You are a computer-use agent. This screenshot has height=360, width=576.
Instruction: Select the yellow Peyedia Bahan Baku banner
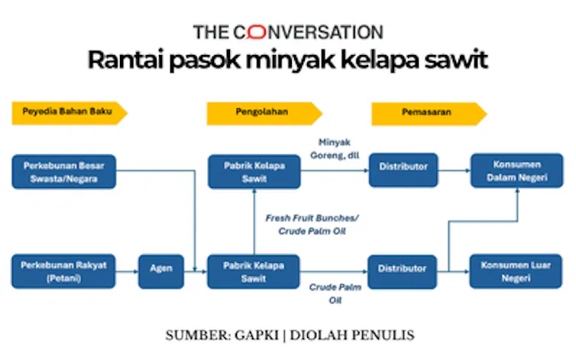point(68,114)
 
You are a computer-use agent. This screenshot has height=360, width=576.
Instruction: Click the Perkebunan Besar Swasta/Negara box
point(64,172)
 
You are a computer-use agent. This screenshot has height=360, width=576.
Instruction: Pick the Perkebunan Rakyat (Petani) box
point(64,272)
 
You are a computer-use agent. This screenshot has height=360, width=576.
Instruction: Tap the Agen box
point(160,272)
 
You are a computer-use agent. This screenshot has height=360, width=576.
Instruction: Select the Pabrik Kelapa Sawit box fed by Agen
point(254,272)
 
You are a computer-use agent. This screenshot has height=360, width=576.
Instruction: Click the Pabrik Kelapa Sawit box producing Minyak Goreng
point(254,172)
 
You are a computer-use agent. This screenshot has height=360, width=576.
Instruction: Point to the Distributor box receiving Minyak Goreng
point(403,172)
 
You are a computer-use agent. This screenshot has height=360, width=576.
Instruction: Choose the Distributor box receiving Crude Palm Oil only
point(403,272)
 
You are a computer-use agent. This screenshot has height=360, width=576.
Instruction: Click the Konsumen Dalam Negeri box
point(516,172)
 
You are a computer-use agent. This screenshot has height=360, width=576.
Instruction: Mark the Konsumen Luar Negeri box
point(516,272)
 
